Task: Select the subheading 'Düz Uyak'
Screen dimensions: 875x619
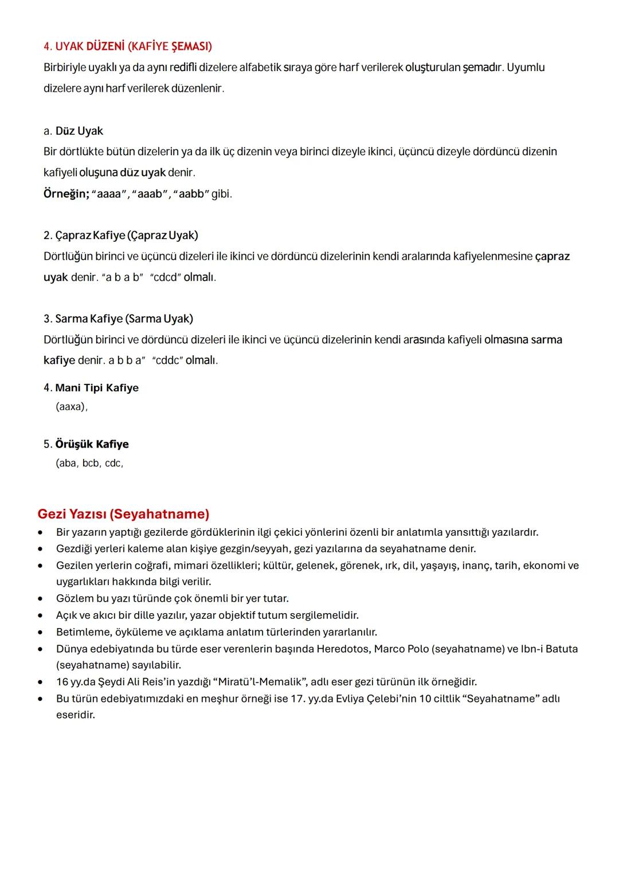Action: coord(79,131)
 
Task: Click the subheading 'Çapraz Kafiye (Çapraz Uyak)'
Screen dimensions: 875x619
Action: coord(126,235)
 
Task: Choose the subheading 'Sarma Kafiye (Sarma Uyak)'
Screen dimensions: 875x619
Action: coord(124,318)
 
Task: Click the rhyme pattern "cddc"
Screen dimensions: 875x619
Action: coord(167,360)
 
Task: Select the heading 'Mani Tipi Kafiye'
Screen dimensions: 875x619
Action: coord(97,388)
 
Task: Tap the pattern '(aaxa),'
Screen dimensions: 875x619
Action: coord(72,406)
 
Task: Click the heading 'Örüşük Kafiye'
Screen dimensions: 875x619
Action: coord(92,444)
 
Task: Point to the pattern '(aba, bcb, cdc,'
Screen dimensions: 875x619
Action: coord(89,463)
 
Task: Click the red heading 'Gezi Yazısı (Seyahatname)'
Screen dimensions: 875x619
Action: coord(123,513)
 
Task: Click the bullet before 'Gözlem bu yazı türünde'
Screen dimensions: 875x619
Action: coord(41,599)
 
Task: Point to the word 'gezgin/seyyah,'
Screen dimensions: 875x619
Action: coord(253,548)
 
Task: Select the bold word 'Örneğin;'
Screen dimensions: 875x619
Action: coord(66,194)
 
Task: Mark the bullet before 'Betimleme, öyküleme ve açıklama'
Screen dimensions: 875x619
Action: coord(41,632)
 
